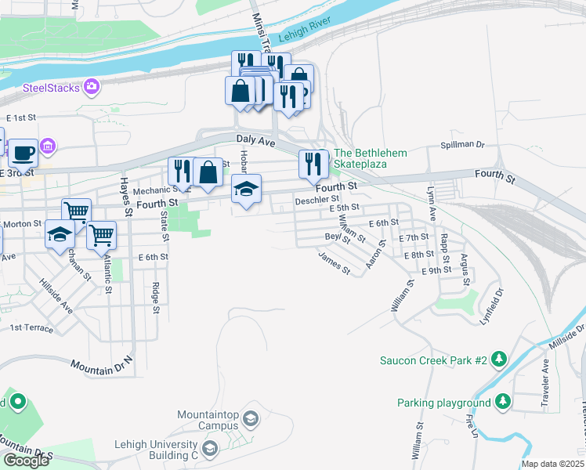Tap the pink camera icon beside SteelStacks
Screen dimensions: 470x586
[92, 86]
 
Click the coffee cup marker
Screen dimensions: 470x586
[23, 152]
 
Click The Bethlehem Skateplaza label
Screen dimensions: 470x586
[371, 158]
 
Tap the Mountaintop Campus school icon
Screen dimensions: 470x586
[250, 418]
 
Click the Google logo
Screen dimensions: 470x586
[26, 460]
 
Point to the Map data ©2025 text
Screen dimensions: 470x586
[552, 464]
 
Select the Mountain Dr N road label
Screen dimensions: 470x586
[102, 366]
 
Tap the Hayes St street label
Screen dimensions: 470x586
[125, 197]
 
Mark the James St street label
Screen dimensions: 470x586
[335, 262]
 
